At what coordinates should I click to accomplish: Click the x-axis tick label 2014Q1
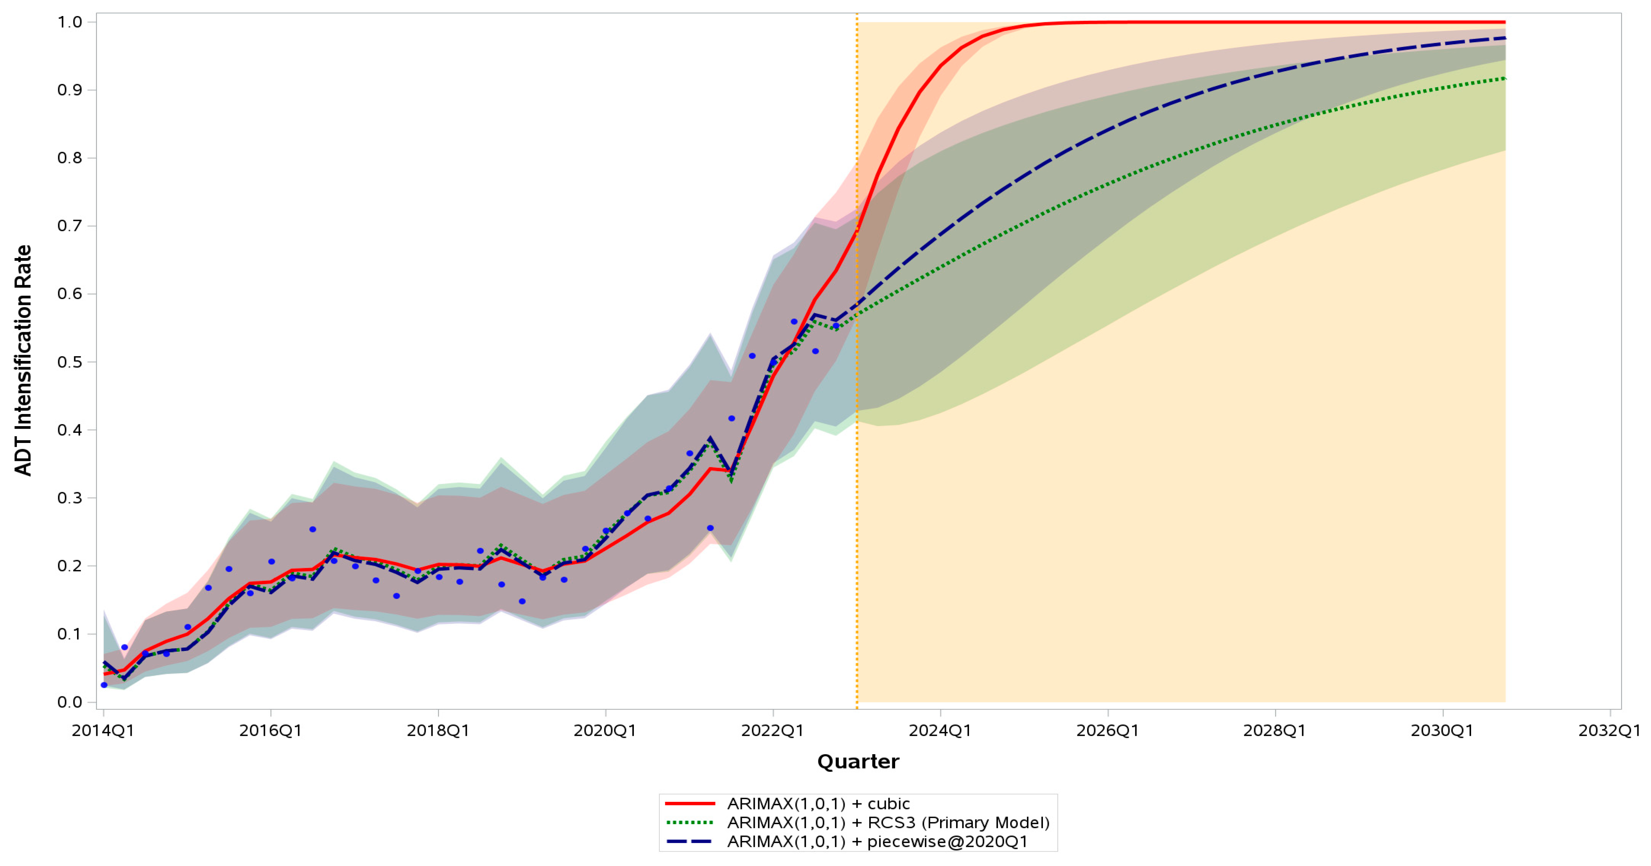coord(102,731)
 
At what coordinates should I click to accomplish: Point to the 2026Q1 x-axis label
coord(1107,731)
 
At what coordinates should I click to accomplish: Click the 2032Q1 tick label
coord(1609,731)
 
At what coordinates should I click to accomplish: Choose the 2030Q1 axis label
coord(1442,731)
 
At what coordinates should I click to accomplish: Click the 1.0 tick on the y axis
coord(70,22)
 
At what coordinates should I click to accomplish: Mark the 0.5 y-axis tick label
coord(70,362)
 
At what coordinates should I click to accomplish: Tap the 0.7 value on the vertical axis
coord(70,226)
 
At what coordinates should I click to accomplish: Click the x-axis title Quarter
coord(858,762)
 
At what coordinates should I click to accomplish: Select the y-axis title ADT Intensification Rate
coord(23,360)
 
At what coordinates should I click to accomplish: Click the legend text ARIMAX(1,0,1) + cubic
coord(818,804)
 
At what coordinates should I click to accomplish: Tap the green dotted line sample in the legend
coord(690,823)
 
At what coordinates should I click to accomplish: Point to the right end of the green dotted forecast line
coord(1505,78)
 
